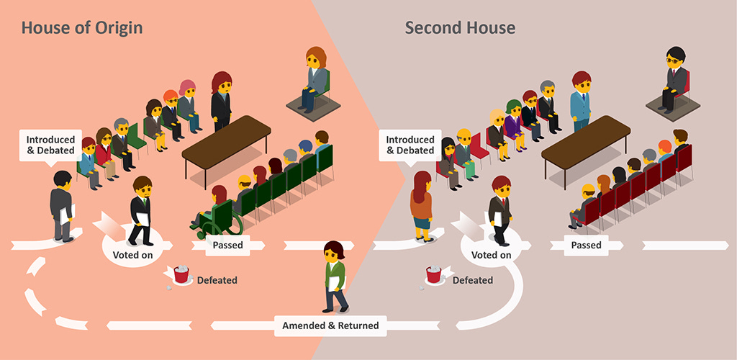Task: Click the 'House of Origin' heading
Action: tap(81, 28)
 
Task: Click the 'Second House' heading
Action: tap(460, 28)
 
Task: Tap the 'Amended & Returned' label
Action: tap(331, 325)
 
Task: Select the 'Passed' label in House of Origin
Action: tap(228, 245)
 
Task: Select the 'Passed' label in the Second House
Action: tap(586, 245)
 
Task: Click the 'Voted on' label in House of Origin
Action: tap(132, 255)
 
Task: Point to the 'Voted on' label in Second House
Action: tap(492, 255)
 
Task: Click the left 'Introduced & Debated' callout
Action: tap(50, 145)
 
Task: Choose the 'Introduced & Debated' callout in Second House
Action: tap(410, 145)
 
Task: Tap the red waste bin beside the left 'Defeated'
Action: tap(181, 274)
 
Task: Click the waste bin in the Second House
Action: tap(433, 274)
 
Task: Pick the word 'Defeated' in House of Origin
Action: tap(217, 280)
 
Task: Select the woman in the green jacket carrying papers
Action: tap(335, 276)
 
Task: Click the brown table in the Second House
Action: tap(584, 140)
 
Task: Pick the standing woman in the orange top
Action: tap(420, 205)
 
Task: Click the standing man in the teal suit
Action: tap(580, 101)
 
